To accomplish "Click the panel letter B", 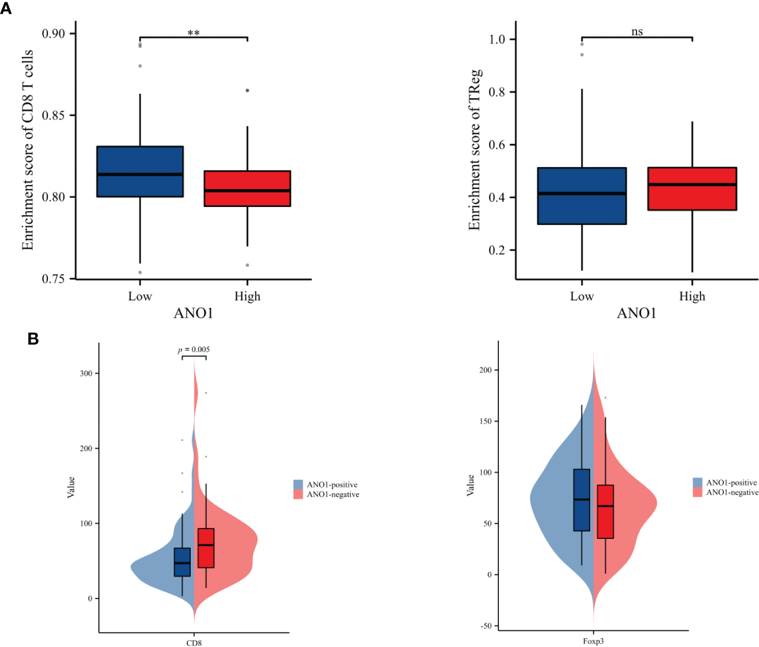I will coord(33,339).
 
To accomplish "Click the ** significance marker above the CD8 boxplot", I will coord(194,34).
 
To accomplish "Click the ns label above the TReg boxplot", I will coord(636,32).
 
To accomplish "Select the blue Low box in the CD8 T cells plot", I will coord(140,172).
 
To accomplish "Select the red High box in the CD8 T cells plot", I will coord(247,188).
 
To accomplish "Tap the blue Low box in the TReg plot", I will coord(582,196).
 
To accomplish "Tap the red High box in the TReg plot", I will coord(692,189).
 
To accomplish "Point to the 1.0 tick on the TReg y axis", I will coord(497,39).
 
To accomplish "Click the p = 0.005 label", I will coord(194,349).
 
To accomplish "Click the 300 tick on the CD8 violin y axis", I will coord(86,374).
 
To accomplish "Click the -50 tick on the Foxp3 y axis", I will coord(485,626).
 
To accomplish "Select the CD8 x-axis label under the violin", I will coord(194,642).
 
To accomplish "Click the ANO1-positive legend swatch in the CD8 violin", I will coord(298,485).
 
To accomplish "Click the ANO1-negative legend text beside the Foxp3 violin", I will coord(732,493).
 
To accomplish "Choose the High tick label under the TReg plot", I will coord(692,297).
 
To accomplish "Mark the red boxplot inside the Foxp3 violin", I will coord(605,512).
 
